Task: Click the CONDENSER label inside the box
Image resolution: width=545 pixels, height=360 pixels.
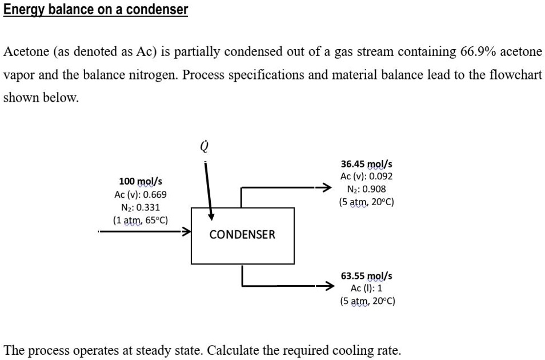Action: (x=242, y=234)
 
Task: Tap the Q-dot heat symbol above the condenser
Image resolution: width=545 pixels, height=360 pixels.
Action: (x=203, y=147)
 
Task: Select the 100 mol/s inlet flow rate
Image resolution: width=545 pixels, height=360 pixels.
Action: (x=141, y=182)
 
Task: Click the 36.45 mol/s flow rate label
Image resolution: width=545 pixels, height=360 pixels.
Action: (x=366, y=164)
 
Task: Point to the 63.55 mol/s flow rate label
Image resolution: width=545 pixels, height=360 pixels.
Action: (x=366, y=275)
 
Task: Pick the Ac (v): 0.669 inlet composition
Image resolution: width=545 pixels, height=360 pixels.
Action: (x=141, y=195)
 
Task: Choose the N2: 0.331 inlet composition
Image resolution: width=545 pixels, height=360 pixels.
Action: (x=141, y=207)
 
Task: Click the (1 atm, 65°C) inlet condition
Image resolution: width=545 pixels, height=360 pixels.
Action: (x=141, y=220)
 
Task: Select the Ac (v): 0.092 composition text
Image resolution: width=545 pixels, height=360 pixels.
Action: (x=366, y=177)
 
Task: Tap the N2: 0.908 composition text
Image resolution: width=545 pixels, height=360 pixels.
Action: (x=366, y=189)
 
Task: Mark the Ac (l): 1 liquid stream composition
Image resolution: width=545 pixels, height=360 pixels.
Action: (x=366, y=288)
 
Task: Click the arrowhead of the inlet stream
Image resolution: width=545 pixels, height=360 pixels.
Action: (x=186, y=231)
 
